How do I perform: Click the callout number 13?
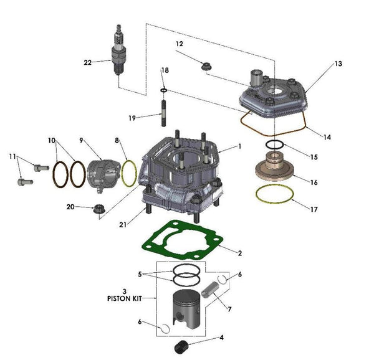click(x=338, y=64)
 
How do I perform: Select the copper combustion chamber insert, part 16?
click(x=274, y=170)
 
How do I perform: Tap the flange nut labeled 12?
click(x=206, y=65)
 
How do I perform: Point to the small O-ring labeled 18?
click(x=163, y=90)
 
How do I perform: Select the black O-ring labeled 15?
click(x=274, y=145)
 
